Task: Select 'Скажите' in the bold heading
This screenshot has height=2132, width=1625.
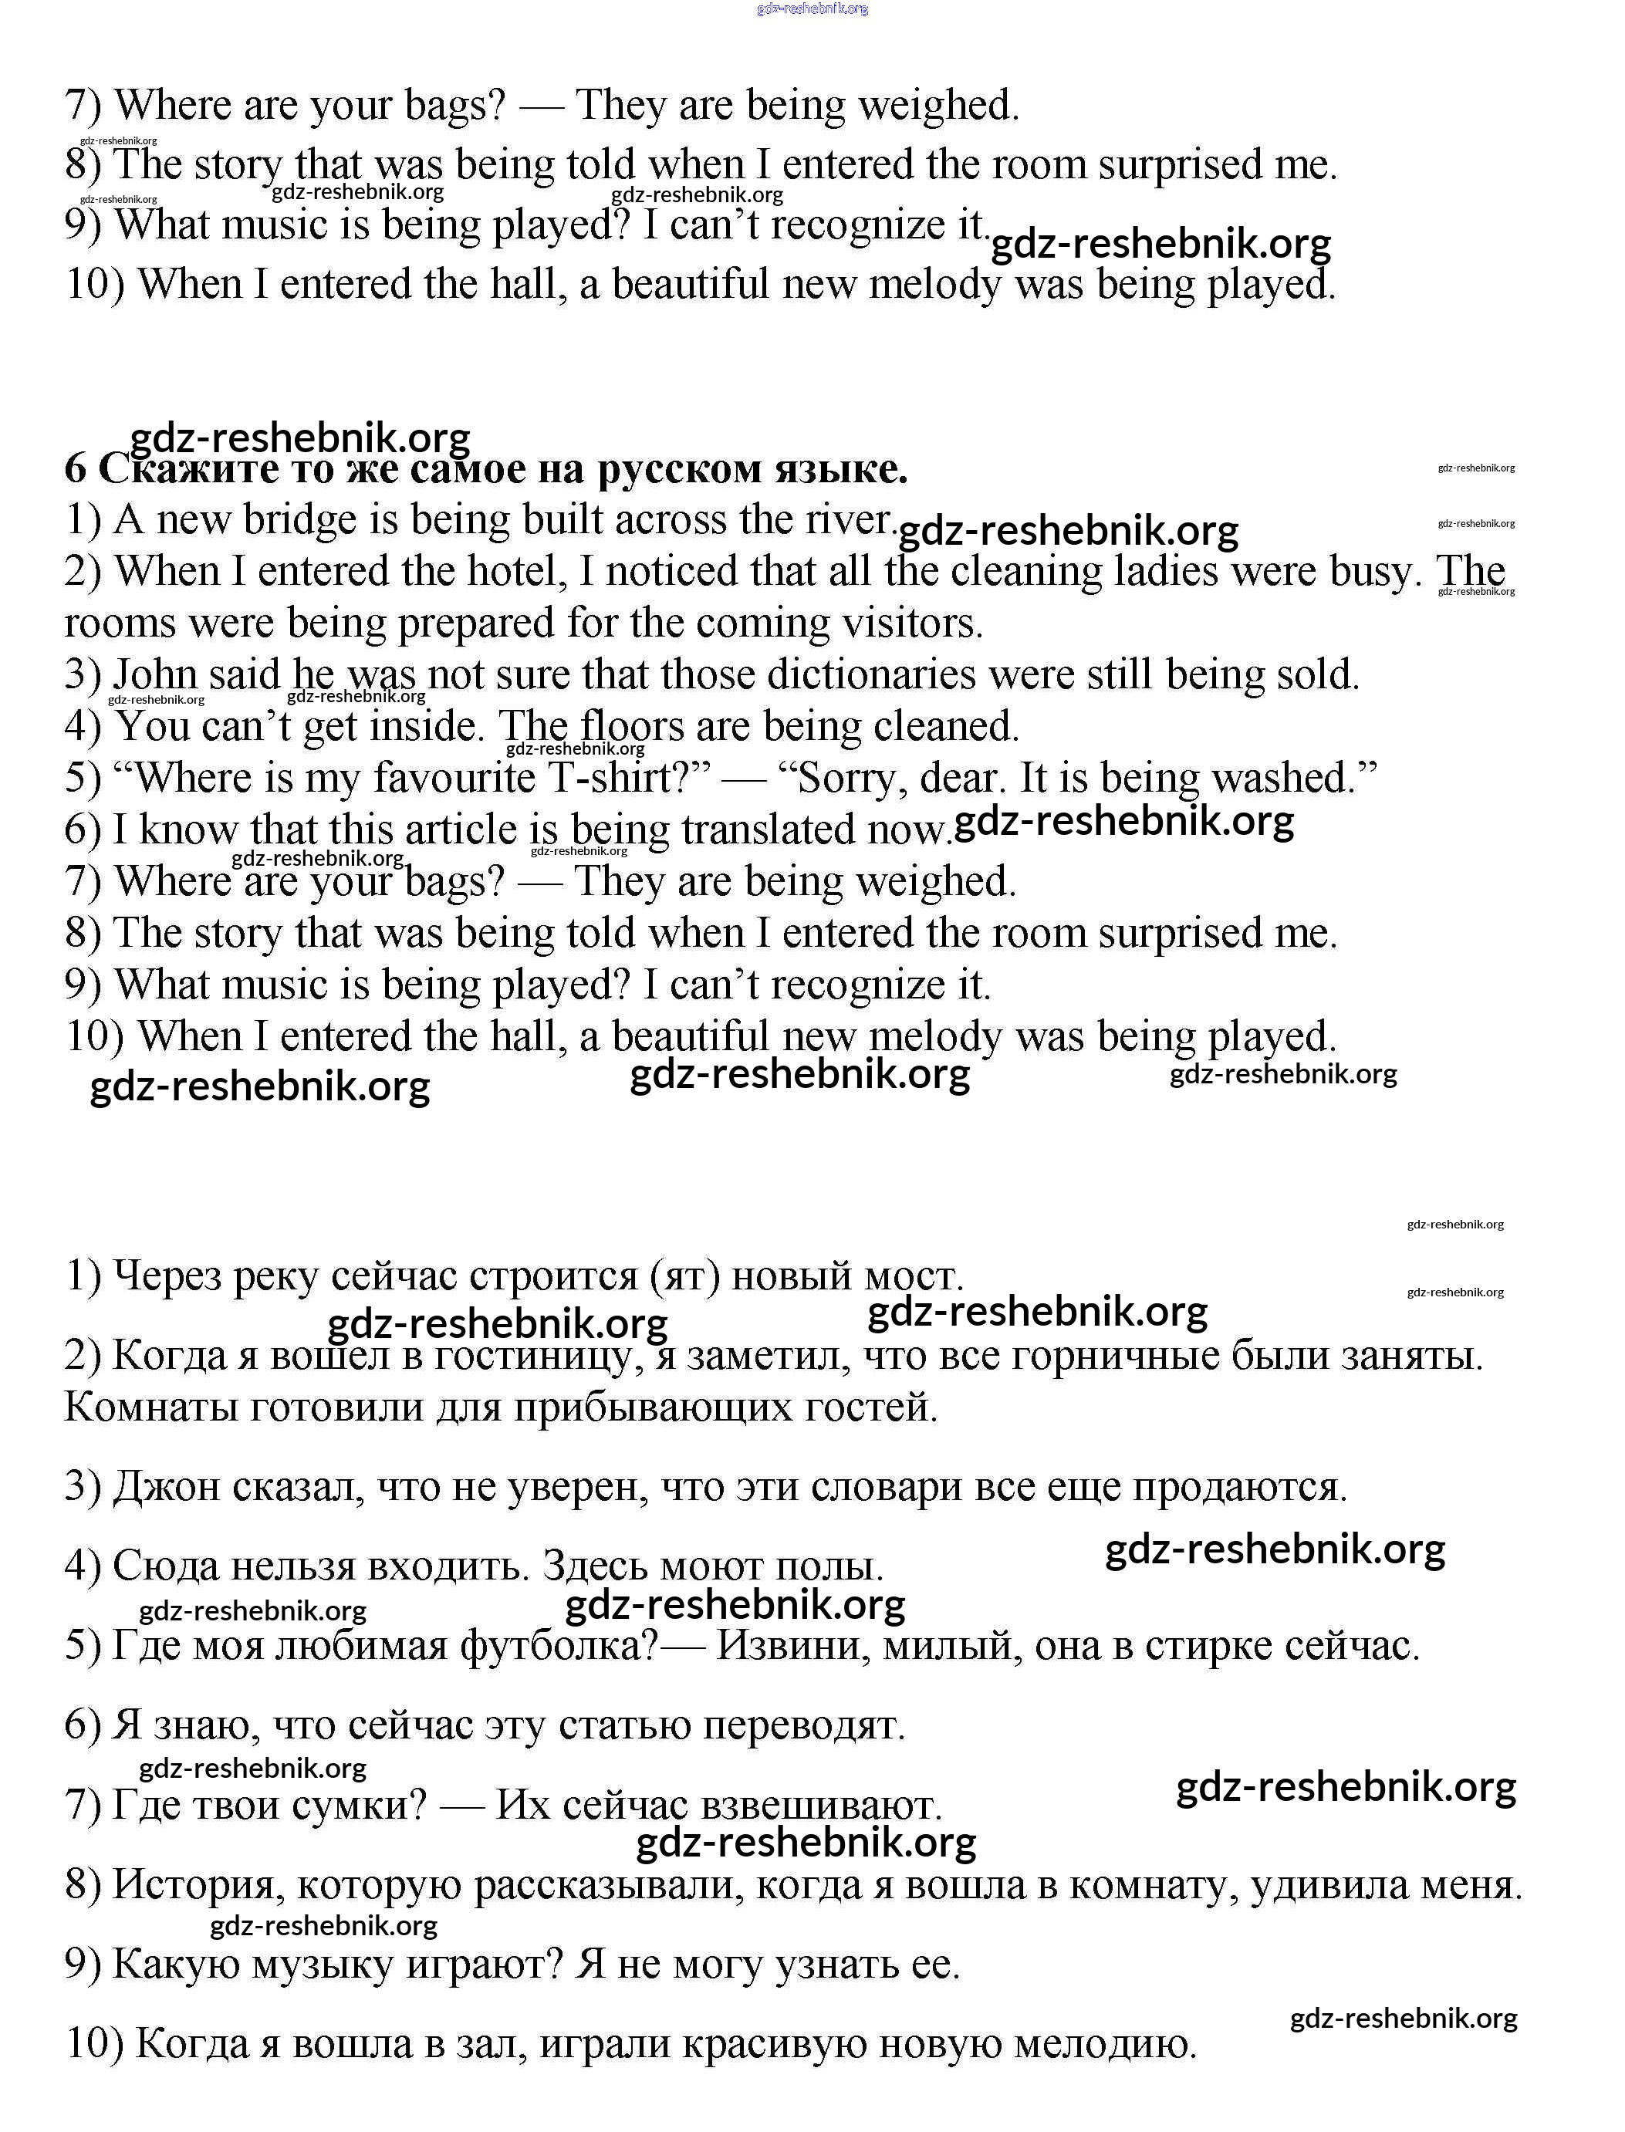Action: pos(191,469)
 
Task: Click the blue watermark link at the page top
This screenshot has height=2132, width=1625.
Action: pos(812,8)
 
